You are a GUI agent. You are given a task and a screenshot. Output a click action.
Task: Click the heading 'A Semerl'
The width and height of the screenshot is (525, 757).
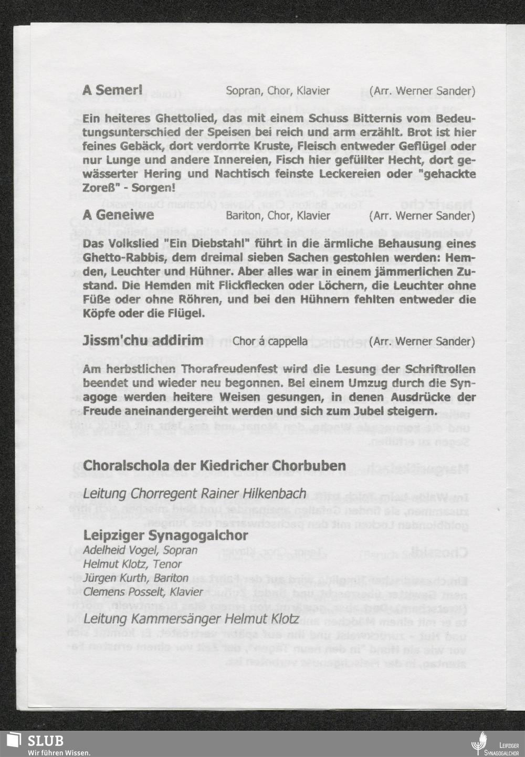112,90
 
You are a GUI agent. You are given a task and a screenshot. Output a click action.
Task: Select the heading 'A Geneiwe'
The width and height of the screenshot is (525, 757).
118,215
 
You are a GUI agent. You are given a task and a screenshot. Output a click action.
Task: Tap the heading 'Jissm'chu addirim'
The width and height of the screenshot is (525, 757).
143,341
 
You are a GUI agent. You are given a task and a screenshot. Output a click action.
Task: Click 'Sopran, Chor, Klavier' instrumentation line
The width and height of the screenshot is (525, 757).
278,91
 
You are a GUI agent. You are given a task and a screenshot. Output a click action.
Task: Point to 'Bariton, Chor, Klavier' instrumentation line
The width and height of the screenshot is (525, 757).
278,216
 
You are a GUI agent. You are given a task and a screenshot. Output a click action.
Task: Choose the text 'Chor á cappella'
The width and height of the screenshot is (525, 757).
270,342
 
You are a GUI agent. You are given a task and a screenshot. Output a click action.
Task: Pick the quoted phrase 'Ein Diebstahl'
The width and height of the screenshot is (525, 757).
185,244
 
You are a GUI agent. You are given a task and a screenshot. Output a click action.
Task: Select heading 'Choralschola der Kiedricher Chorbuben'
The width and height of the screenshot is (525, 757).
214,466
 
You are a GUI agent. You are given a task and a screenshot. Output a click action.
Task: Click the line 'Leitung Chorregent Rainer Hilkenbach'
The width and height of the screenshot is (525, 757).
194,494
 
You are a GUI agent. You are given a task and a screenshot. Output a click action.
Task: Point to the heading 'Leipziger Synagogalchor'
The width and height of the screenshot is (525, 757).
165,536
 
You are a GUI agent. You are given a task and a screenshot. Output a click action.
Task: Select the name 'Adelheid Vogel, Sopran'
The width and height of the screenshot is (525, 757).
140,551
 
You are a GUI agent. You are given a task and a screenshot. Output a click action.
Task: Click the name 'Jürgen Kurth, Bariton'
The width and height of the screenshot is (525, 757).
135,578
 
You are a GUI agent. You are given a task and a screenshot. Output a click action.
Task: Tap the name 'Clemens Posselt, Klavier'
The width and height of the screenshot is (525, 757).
143,592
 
